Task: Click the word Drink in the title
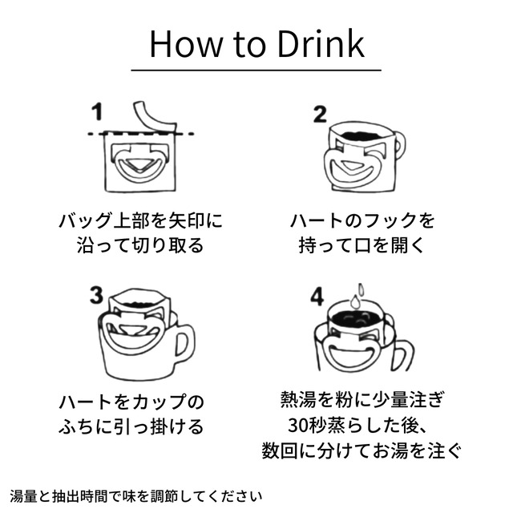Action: click(319, 44)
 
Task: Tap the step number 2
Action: click(320, 113)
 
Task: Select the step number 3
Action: click(98, 297)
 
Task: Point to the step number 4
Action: click(317, 297)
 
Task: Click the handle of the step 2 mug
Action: click(395, 147)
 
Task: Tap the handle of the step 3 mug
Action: click(184, 343)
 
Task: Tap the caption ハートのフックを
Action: click(362, 219)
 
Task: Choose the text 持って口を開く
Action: click(362, 244)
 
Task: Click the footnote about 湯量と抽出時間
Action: click(136, 495)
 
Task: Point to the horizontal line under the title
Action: click(256, 71)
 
